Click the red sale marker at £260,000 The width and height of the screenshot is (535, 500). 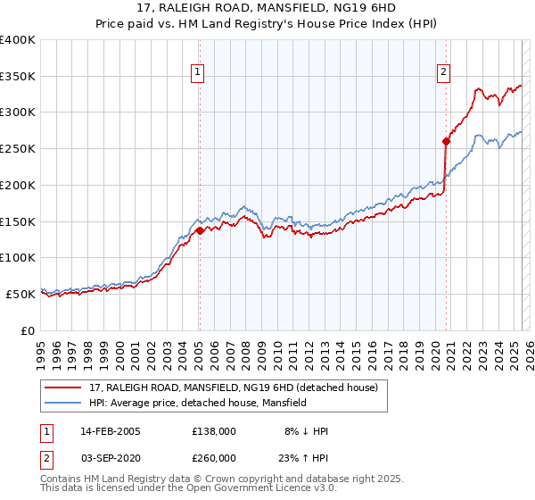point(447,141)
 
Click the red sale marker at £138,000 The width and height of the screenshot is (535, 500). point(200,230)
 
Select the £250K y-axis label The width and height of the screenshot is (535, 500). point(18,149)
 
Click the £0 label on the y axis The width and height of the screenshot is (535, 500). point(29,330)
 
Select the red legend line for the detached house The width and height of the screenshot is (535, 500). point(63,387)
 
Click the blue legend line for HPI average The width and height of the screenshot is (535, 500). point(63,403)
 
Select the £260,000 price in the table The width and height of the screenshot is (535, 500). point(213,457)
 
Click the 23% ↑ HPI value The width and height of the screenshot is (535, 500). point(304,457)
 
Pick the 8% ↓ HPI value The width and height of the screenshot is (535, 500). point(306,431)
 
